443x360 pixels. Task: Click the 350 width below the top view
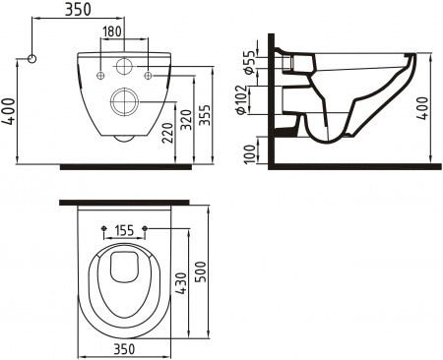coord(124,348)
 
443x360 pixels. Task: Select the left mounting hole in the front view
coord(102,75)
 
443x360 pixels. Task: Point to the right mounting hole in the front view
coord(148,75)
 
